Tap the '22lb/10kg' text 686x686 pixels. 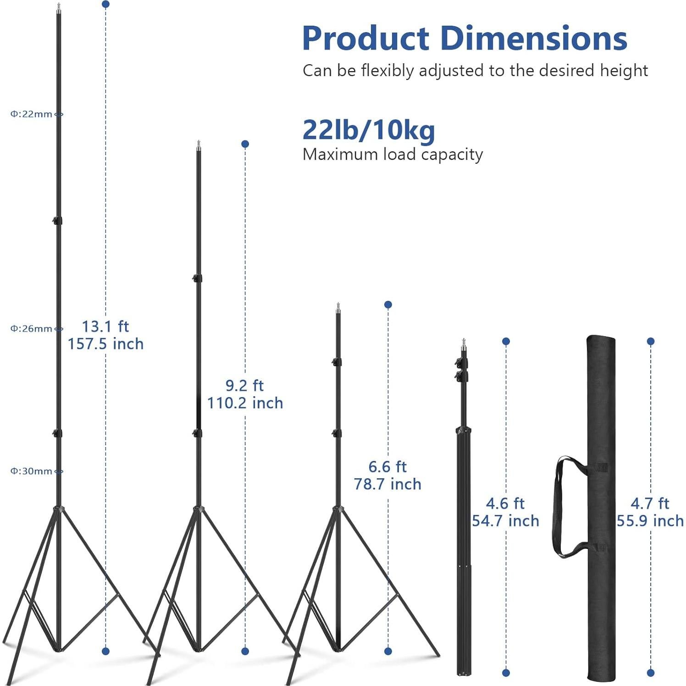369,130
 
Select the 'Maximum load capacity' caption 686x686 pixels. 393,155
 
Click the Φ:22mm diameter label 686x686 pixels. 31,114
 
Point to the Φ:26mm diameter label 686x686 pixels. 31,329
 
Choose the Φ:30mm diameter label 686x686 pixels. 31,471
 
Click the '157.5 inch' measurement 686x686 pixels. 106,344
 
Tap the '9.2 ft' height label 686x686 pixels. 245,386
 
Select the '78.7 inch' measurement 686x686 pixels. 387,484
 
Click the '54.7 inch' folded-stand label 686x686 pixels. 505,521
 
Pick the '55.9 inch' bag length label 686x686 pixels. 650,521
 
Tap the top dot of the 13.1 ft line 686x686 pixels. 106,4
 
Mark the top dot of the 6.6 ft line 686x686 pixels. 388,304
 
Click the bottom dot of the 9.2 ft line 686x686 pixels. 245,651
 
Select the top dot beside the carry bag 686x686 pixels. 650,341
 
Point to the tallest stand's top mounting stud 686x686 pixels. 59,7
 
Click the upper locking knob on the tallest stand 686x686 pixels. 57,221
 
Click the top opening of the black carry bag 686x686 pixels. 601,340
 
